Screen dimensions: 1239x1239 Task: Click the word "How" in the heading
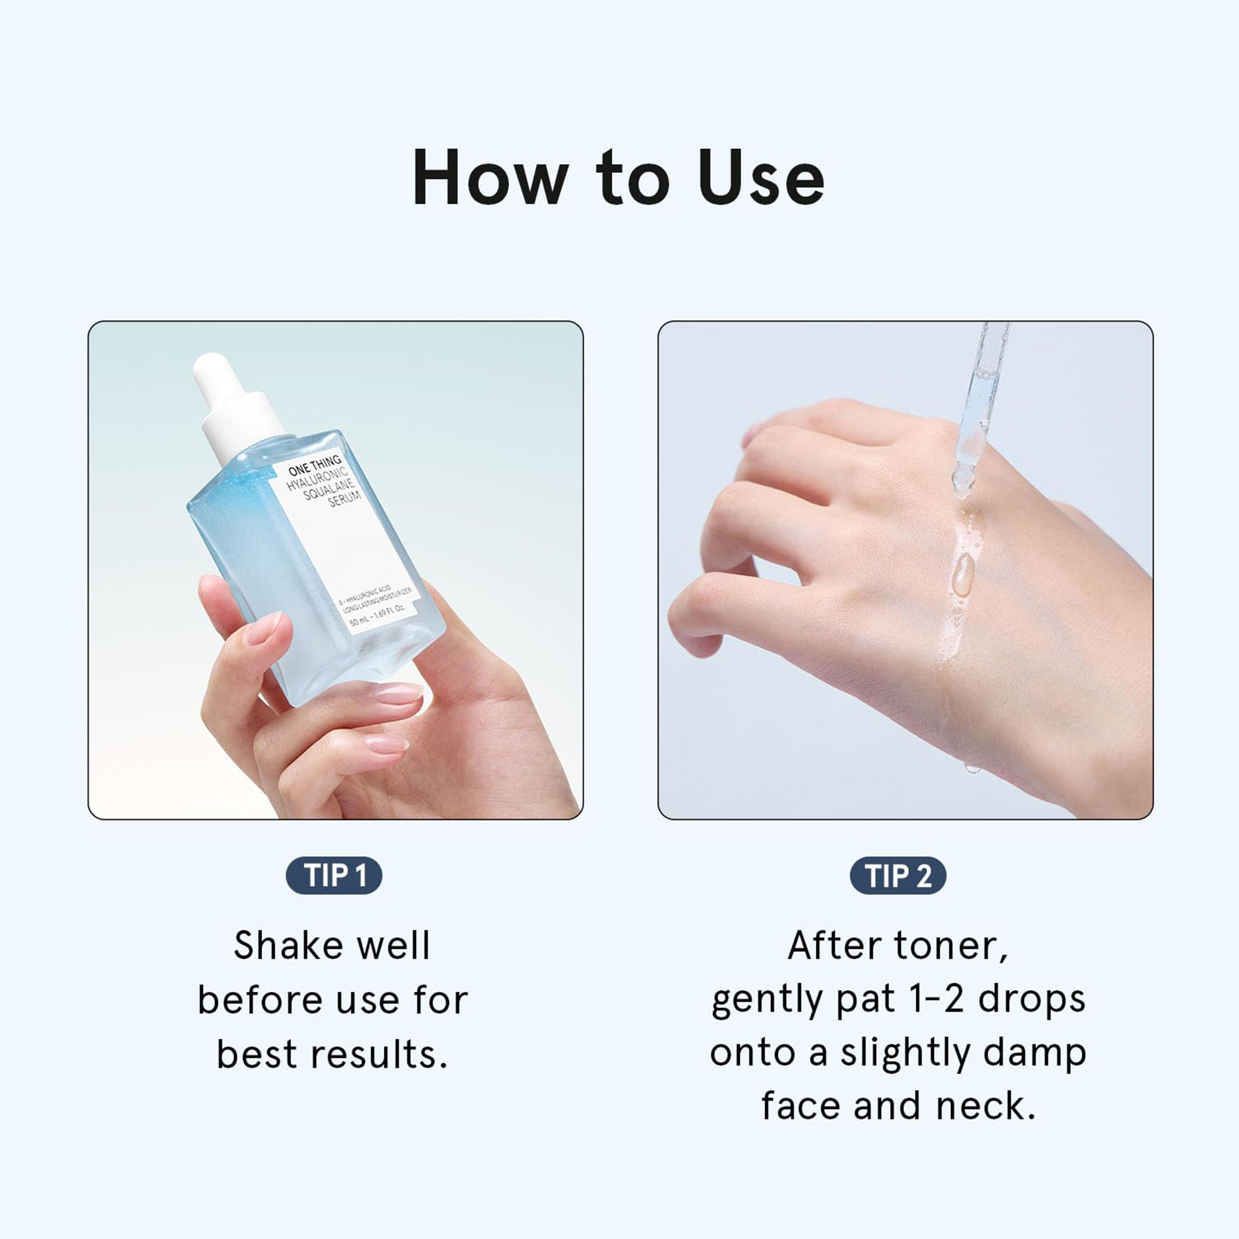click(x=491, y=178)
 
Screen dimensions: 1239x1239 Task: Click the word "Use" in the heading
click(x=761, y=178)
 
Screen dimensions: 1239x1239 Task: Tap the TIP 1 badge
click(x=334, y=875)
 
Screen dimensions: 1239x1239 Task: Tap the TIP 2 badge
click(x=898, y=875)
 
